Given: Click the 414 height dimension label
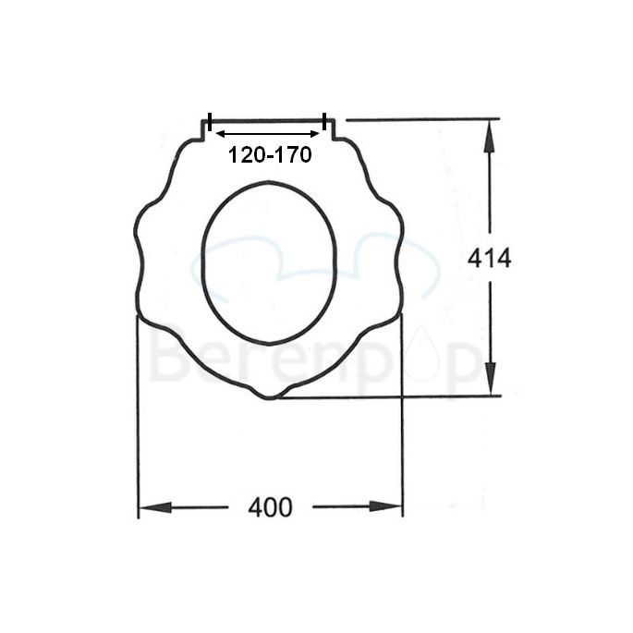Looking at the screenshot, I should coord(489,259).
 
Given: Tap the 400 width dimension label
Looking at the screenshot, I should coord(270,507).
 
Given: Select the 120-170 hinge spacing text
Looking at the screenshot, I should coord(270,155).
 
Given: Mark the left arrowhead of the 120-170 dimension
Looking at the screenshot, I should coord(221,134).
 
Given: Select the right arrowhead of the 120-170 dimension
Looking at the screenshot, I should coord(315,134).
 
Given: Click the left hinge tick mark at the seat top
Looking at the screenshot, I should coord(210,122).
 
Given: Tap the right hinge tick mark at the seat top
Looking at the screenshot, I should coord(325,122).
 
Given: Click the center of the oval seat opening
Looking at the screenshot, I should coord(269,262).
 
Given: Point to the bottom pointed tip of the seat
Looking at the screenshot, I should coord(268,397).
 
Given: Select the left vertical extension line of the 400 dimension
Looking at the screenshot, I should coord(138,416).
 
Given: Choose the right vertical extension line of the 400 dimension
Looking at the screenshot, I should coord(402,416).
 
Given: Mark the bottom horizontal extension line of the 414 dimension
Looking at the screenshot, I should coord(388,396).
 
